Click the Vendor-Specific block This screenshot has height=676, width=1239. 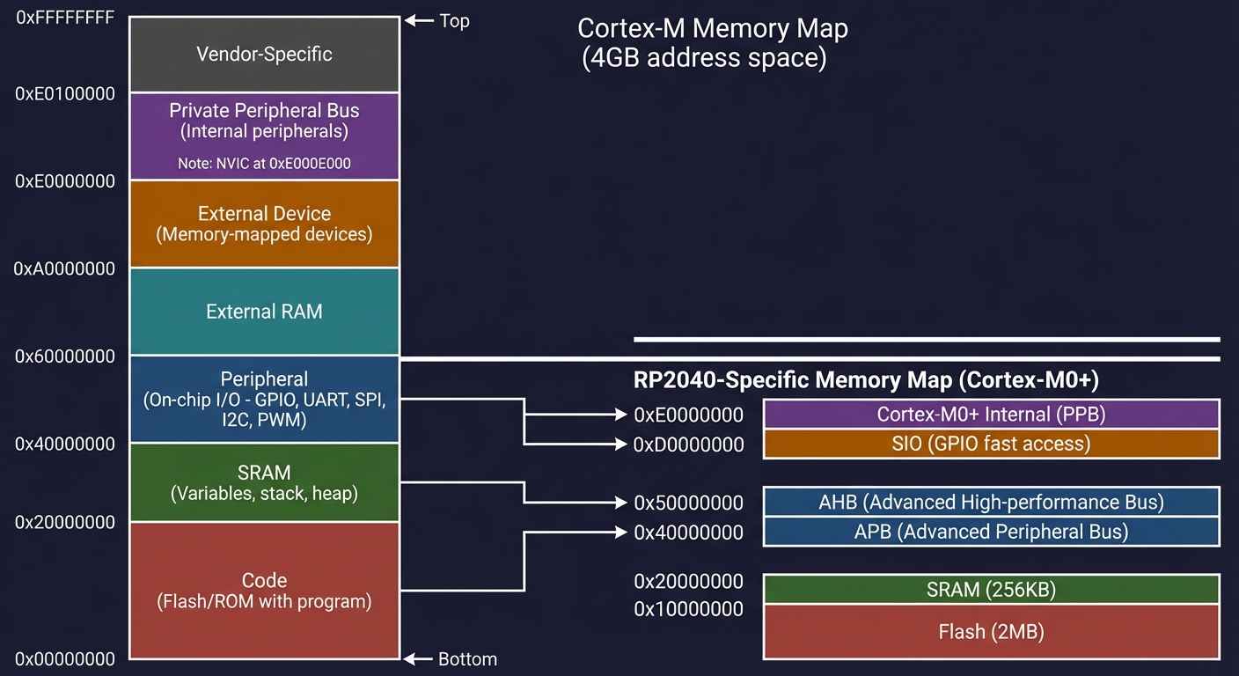[264, 54]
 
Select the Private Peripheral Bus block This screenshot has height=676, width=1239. [264, 121]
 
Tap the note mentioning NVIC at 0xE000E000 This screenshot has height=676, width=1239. [264, 163]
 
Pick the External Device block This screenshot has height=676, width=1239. [264, 224]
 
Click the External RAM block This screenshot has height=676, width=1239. [264, 312]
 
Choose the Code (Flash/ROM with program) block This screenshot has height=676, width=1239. [264, 591]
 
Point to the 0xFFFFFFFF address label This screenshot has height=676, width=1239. [65, 18]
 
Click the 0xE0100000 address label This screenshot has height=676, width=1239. [65, 93]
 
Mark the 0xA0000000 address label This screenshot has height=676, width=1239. [65, 268]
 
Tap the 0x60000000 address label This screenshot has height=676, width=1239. [65, 356]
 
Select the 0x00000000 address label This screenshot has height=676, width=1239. [65, 659]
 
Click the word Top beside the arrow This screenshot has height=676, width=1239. [454, 21]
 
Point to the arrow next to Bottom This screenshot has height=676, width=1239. [418, 659]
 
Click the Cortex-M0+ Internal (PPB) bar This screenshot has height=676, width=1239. [991, 414]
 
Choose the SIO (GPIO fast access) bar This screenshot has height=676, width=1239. [991, 444]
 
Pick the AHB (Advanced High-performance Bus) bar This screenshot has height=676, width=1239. [991, 502]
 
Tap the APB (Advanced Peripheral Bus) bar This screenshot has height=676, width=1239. [991, 532]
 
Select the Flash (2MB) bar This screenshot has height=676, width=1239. [991, 631]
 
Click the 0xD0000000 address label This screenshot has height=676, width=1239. [689, 445]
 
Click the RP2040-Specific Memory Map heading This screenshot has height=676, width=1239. [867, 380]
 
